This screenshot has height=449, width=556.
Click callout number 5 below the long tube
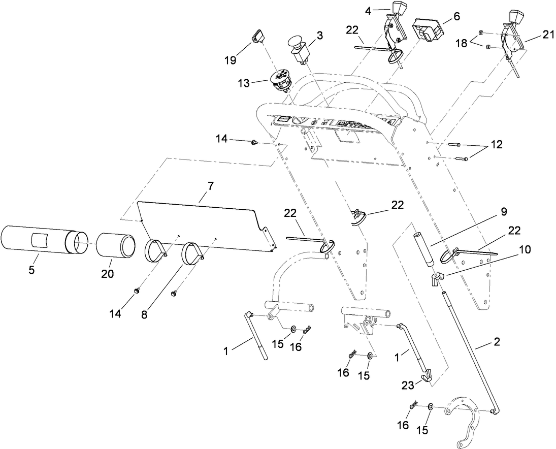pos(31,270)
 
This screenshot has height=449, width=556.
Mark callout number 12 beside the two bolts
pos(497,145)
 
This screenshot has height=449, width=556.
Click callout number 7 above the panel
pos(211,186)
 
